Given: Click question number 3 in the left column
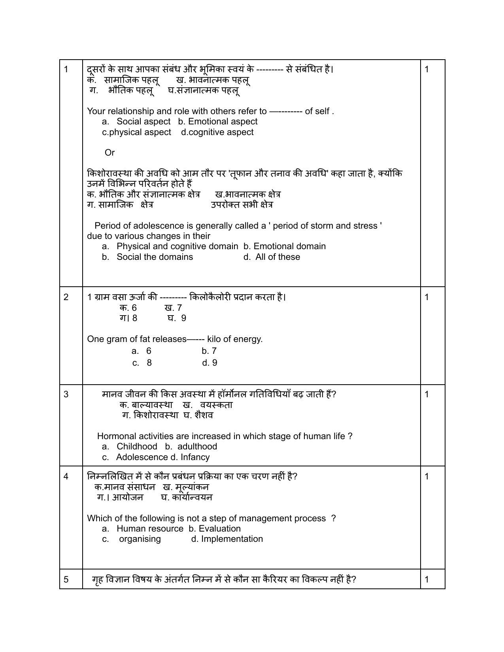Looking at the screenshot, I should [x=66, y=394].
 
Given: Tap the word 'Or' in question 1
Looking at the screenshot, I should [x=109, y=152].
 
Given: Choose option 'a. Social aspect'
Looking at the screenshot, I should [x=136, y=122].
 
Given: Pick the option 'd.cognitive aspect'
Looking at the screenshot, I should [x=217, y=132].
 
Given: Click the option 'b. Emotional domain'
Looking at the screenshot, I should [x=285, y=246].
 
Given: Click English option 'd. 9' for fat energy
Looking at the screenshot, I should [x=210, y=363].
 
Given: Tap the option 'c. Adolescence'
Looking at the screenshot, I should [x=135, y=457].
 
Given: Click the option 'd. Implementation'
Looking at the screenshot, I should [x=227, y=539].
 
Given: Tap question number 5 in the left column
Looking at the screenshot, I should [x=66, y=579].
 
